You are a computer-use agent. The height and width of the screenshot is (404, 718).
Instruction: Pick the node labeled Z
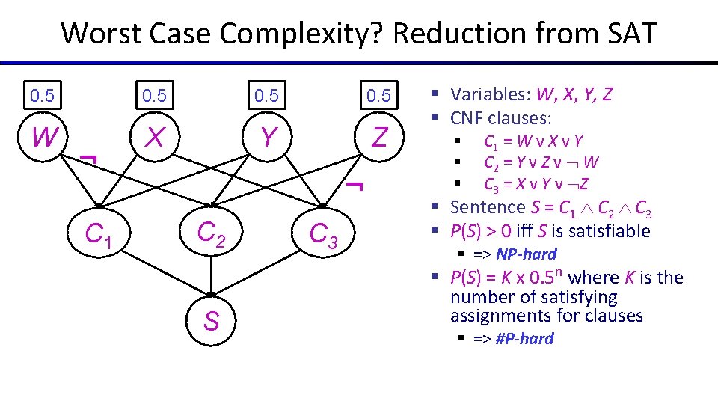(379, 138)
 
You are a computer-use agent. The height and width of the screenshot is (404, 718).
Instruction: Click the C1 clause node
(99, 236)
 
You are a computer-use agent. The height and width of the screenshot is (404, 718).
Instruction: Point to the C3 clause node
(324, 236)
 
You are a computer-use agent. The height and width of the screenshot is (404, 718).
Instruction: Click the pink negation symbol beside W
(88, 159)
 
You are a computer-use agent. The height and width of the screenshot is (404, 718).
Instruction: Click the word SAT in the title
(620, 33)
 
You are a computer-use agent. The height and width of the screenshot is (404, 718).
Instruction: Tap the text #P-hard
(524, 339)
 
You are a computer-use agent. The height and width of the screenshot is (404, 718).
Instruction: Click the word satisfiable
(604, 231)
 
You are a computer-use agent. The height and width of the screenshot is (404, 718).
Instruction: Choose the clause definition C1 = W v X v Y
(533, 141)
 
